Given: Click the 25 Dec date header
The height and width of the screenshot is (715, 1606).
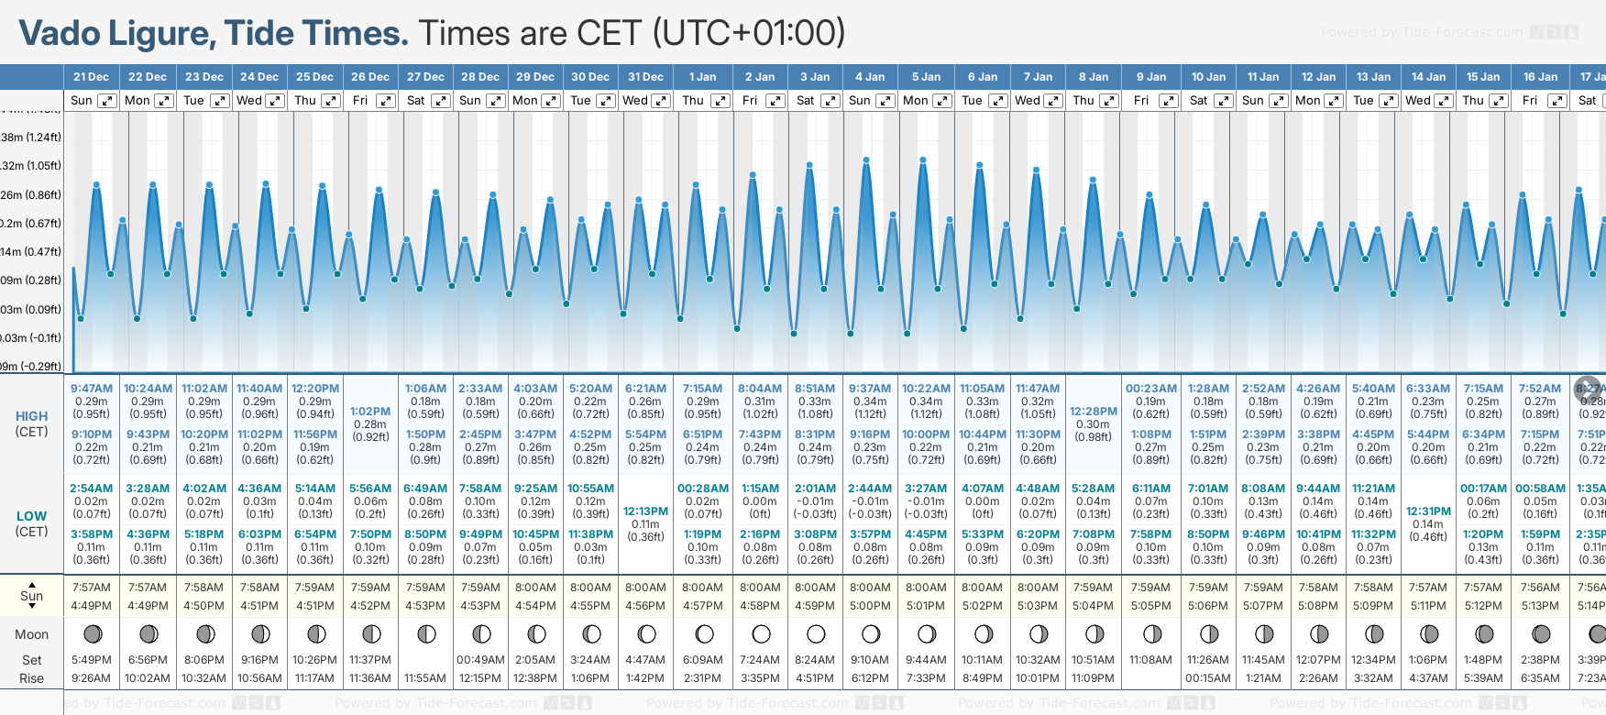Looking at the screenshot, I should (314, 77).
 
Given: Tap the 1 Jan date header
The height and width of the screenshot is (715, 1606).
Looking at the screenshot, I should (702, 77).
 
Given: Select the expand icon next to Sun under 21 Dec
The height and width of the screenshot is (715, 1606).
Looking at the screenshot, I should (107, 101).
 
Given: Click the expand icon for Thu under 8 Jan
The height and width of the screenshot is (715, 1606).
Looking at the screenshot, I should (1109, 101).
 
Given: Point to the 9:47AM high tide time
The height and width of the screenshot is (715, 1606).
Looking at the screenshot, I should (92, 389).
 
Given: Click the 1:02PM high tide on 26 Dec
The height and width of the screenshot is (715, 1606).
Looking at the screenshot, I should (370, 412).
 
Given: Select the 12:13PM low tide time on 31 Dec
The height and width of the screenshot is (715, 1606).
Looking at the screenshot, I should (645, 511).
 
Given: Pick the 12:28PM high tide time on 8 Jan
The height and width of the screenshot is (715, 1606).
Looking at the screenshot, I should (1094, 412).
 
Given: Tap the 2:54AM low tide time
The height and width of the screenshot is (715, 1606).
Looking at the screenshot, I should (92, 489).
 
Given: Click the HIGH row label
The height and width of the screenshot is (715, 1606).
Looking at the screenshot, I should (31, 416).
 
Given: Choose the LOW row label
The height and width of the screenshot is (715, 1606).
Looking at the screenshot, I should (31, 516).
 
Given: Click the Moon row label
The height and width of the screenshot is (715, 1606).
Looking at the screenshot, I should (31, 634).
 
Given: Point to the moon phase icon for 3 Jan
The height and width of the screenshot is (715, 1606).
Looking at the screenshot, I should (816, 633).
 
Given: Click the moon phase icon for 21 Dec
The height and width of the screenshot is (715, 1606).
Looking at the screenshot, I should (92, 633).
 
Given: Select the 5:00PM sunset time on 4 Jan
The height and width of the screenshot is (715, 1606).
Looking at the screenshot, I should (870, 606).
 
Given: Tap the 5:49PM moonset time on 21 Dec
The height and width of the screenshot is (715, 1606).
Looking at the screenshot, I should (92, 660).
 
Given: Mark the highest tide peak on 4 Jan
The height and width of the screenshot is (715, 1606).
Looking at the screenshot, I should (866, 159).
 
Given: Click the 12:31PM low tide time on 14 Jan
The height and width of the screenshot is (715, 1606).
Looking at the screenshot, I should (1428, 511).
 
